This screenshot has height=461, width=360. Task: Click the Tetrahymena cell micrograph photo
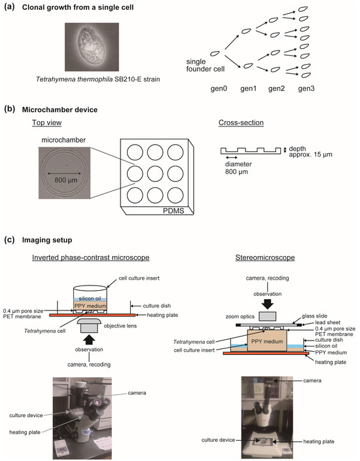coord(92,46)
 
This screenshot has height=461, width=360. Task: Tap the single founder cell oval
coord(215,54)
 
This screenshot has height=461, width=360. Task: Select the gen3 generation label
coord(306,88)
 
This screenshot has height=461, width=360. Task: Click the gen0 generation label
coord(219,88)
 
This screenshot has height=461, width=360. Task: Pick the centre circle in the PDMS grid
coord(155,174)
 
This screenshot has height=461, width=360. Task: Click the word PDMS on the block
coord(173,211)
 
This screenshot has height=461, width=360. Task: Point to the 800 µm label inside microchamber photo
coord(66,180)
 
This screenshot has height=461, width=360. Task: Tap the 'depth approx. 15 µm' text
coord(310,151)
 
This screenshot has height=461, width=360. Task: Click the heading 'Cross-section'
coord(241,122)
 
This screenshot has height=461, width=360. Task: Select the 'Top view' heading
coord(46,122)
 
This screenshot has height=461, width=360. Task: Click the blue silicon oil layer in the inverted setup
coord(90,299)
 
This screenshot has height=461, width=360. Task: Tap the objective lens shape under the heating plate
coord(89,325)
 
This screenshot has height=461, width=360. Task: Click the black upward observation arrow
coord(89,340)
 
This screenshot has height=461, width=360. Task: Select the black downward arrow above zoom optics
coord(268,304)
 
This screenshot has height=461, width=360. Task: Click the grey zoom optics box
coord(268,316)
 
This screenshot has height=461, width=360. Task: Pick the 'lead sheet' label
coord(328,323)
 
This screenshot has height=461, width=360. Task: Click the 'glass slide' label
coord(314,316)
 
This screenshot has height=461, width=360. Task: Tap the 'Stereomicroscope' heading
coord(265,258)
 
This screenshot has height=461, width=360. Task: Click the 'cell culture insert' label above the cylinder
coord(139,278)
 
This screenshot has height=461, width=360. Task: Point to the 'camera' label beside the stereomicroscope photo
coord(312,380)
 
